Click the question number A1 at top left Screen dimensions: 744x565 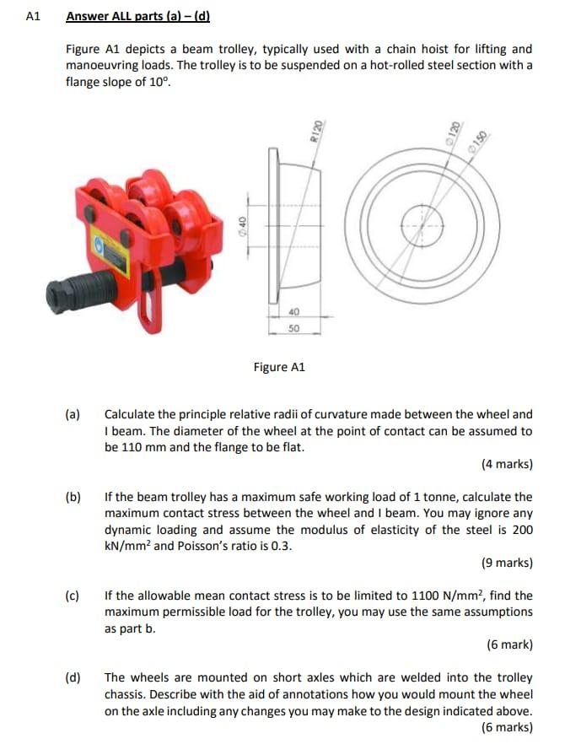(34, 16)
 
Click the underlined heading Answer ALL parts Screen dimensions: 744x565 (137, 16)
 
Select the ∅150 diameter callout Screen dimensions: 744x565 (482, 137)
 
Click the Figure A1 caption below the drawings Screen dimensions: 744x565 (279, 367)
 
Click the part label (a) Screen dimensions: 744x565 (73, 414)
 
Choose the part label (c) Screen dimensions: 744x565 (73, 596)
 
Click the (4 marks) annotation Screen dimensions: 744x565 (507, 464)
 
